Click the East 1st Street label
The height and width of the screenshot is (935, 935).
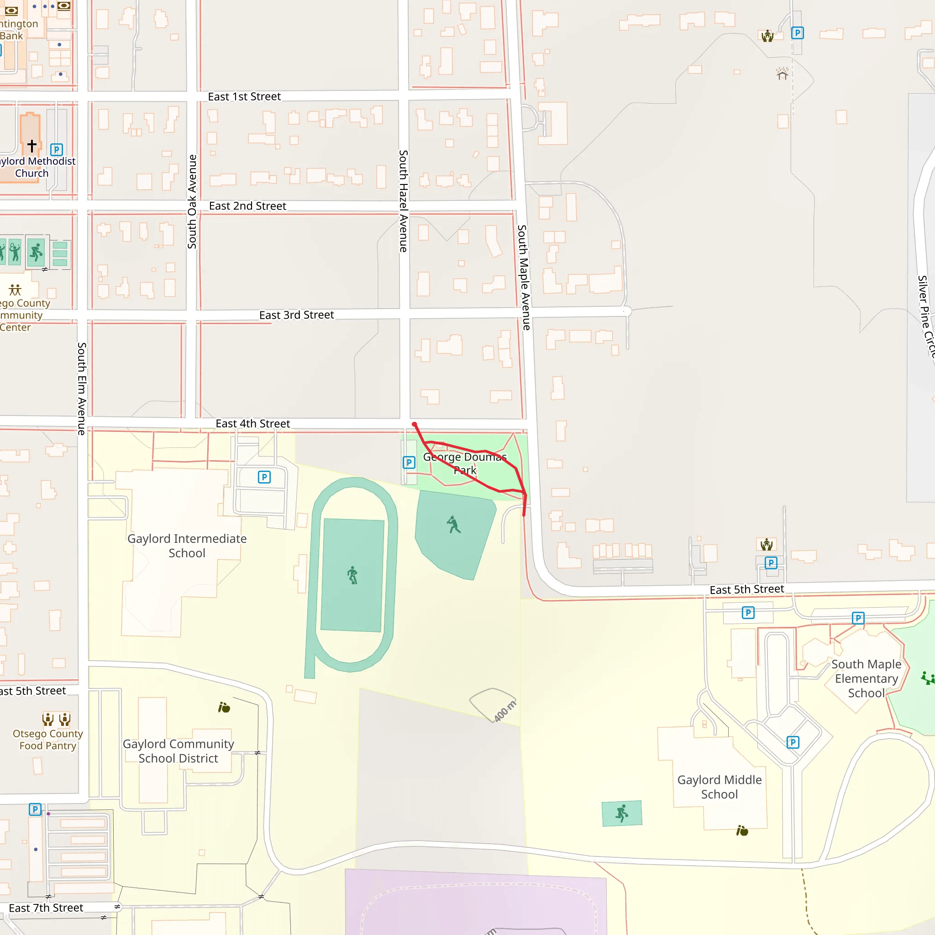tap(244, 97)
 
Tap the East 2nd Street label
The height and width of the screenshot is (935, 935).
tap(247, 206)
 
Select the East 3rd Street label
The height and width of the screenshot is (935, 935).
tap(296, 315)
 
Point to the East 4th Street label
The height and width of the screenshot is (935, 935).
tap(252, 424)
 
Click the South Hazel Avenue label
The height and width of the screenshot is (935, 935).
tap(403, 201)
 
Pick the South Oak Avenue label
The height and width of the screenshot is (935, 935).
tap(192, 202)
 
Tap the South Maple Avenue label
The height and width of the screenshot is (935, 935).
tap(524, 277)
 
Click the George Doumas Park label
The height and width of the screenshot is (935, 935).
tap(465, 463)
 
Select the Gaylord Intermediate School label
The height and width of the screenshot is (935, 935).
tap(187, 546)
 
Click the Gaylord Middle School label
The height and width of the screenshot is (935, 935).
tap(719, 787)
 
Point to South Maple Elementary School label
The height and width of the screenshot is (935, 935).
tap(866, 678)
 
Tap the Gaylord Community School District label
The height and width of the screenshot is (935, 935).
tap(178, 751)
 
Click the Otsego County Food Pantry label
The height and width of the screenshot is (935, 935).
tap(47, 740)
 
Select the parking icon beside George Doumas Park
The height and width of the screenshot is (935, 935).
tap(409, 462)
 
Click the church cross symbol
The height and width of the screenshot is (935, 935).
tap(32, 145)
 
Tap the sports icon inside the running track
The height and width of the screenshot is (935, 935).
tap(352, 575)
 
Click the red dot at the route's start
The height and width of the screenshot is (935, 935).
tap(414, 425)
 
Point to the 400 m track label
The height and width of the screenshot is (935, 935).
tap(505, 710)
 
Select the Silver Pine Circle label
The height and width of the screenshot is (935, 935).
tap(925, 317)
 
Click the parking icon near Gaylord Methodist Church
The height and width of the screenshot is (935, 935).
tap(57, 150)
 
